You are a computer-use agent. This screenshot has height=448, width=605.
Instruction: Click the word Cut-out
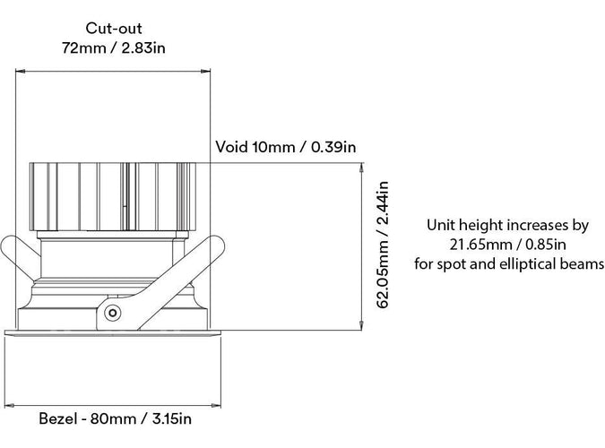coord(114,28)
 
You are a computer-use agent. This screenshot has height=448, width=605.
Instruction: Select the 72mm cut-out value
coord(83,47)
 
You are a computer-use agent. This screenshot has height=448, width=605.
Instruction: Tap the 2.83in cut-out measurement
coord(143,47)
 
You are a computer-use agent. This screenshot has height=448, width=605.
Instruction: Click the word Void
coord(231,147)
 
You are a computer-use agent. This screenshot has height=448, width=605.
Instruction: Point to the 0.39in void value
coord(333,147)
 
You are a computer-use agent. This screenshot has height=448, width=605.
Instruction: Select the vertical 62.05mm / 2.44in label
coord(382,245)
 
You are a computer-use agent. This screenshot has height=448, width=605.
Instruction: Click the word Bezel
coord(58,418)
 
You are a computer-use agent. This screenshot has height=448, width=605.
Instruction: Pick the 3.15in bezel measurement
coord(172,418)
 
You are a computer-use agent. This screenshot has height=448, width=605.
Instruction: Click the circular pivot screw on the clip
coord(112,313)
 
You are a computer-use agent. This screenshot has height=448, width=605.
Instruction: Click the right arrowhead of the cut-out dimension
coord(205,72)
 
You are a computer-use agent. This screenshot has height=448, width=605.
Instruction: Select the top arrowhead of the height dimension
coord(361,168)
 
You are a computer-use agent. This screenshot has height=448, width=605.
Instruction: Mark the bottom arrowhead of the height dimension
coord(361,325)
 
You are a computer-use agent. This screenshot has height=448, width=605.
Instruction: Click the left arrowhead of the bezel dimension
coord(9,406)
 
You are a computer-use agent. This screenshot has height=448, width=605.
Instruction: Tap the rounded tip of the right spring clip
coord(217,245)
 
